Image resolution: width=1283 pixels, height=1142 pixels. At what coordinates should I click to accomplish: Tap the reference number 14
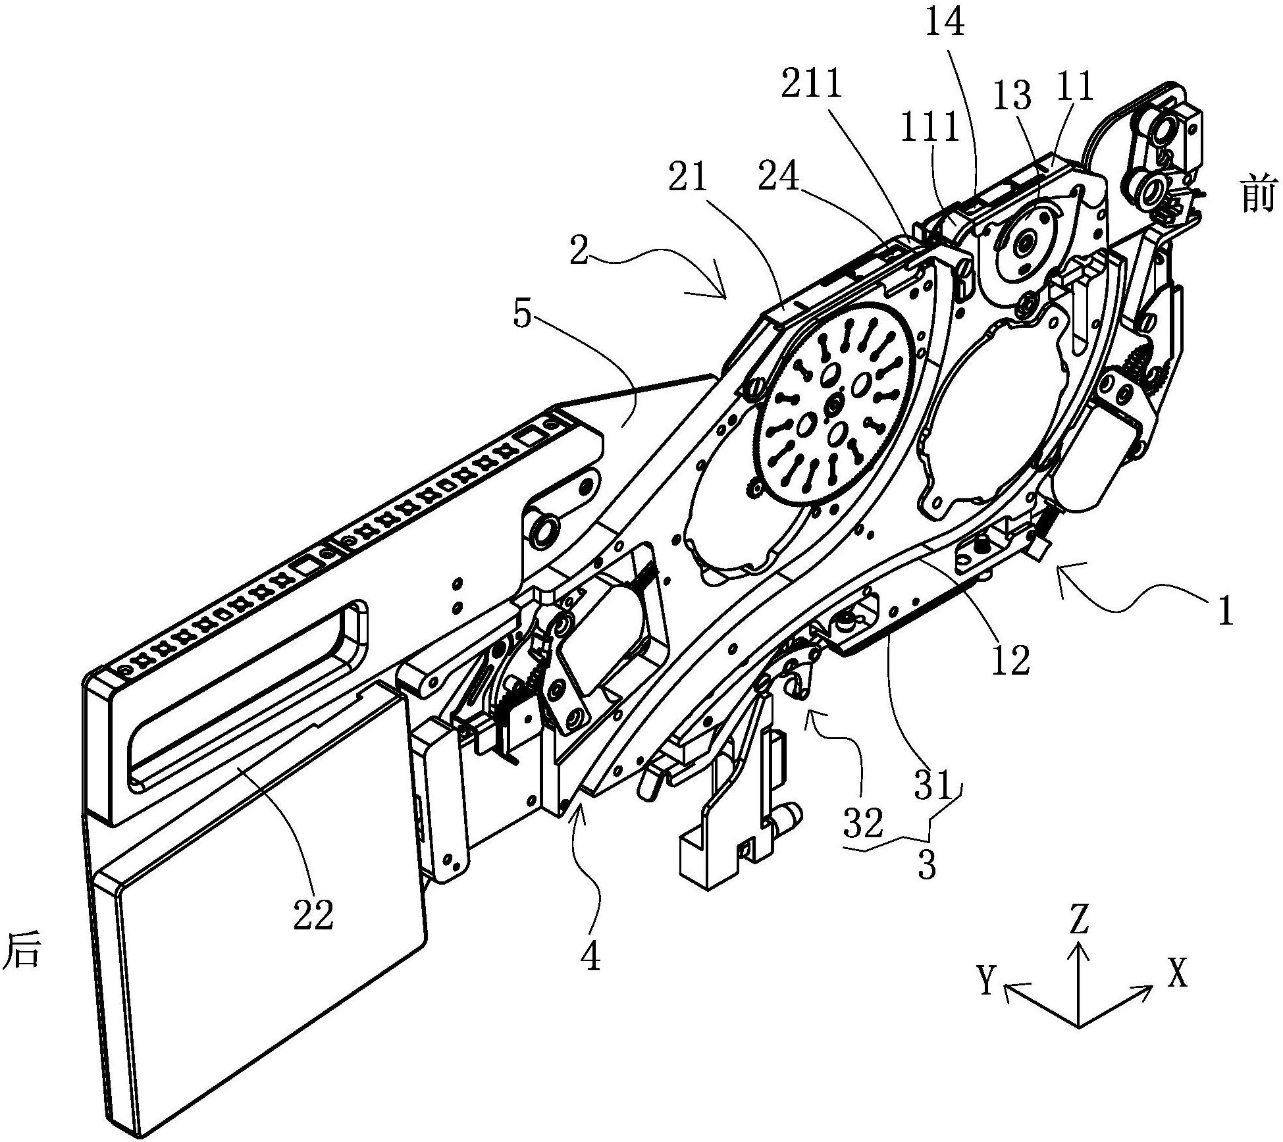[945, 24]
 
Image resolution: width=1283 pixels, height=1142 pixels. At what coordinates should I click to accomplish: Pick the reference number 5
[521, 316]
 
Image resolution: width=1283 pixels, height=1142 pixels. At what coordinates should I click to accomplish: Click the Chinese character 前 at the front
[1257, 195]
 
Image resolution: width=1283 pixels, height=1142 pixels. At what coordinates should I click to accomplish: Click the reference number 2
[579, 254]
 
